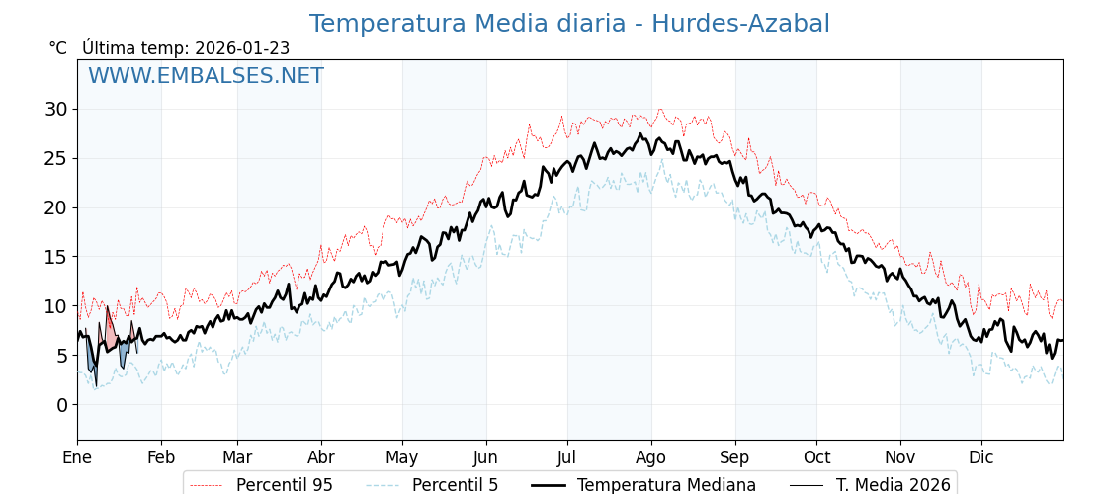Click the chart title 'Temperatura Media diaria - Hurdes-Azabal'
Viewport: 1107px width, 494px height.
pos(569,24)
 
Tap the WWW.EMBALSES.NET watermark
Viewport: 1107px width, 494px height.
pos(206,76)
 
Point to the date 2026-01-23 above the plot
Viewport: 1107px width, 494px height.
pos(242,48)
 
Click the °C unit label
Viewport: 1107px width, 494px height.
pos(58,48)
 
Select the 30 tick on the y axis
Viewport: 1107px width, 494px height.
pos(55,109)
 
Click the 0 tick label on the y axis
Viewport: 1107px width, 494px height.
pos(62,405)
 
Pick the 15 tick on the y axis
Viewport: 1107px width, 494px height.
pos(55,257)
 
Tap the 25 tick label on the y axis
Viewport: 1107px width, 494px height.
pos(55,158)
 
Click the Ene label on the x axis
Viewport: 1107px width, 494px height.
pos(77,457)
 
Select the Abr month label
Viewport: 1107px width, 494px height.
pos(321,457)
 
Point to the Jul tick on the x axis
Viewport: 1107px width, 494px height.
pos(567,457)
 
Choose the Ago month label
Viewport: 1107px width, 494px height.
pos(651,457)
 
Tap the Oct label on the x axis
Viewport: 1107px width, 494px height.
pos(816,457)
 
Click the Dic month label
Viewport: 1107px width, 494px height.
pos(981,457)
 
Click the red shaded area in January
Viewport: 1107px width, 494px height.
pos(110,332)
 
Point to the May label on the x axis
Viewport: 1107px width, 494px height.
pos(402,457)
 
